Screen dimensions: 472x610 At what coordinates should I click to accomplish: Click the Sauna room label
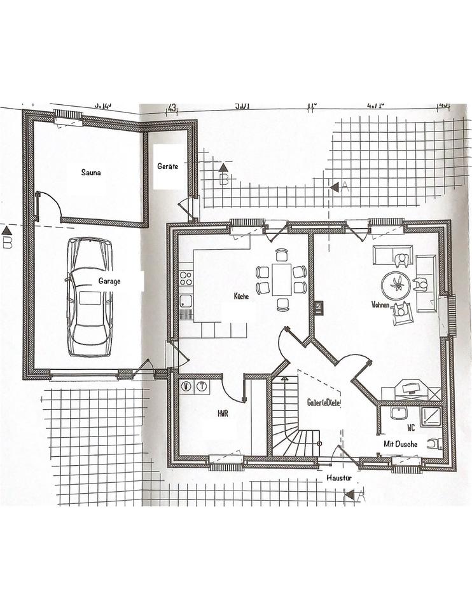click(x=91, y=172)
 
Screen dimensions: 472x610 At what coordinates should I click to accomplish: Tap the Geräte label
click(x=167, y=166)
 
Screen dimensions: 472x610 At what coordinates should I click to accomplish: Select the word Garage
click(x=109, y=280)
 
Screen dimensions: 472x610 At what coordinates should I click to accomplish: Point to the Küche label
click(x=241, y=296)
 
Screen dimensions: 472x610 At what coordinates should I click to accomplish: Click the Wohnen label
click(x=380, y=305)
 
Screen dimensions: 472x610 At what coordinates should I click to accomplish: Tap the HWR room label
click(x=223, y=413)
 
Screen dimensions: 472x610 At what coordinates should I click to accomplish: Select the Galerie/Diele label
click(x=323, y=402)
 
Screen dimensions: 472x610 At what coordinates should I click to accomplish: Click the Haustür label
click(x=336, y=477)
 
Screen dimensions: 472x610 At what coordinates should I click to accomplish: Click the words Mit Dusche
click(x=400, y=444)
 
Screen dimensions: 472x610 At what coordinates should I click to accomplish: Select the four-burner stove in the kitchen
click(x=186, y=278)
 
